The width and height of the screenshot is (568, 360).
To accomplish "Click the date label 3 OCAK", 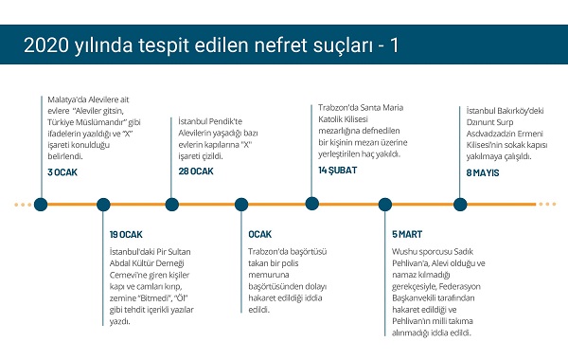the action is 62,172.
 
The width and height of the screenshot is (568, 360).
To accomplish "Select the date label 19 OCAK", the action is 126,235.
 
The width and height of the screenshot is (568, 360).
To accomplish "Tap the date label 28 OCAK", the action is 196,171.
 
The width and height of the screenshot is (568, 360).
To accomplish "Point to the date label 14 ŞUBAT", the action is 338,170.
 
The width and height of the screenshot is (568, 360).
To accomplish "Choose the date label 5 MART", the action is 407,234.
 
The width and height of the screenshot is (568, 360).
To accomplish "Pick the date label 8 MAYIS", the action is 483,172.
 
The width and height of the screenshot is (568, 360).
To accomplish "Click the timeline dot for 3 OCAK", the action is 41,205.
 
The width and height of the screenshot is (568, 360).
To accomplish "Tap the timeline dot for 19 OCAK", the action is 103,205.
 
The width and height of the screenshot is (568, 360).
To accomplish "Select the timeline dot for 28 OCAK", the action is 171,205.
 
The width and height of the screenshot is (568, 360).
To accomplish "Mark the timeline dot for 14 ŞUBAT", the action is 311,204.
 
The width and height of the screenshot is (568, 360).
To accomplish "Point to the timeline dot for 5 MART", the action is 385,205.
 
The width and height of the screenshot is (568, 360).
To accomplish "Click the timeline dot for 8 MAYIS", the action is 460,205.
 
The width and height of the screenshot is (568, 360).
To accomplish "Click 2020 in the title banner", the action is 46,45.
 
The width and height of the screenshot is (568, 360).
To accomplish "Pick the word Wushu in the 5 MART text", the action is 403,251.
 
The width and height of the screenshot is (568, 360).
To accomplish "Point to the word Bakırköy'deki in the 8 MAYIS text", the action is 521,111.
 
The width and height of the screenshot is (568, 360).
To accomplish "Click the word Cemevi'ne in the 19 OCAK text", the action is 127,275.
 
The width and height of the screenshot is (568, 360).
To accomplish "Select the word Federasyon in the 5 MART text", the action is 459,286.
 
